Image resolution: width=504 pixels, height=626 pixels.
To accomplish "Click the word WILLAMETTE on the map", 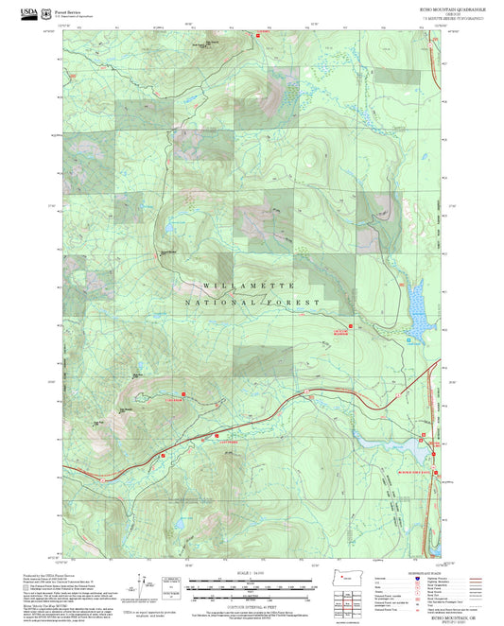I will pos(249,285).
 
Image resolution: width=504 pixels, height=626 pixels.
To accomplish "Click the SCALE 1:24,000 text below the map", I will pos(250,572).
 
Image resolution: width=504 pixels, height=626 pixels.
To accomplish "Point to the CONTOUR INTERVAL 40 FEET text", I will pos(250,602).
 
